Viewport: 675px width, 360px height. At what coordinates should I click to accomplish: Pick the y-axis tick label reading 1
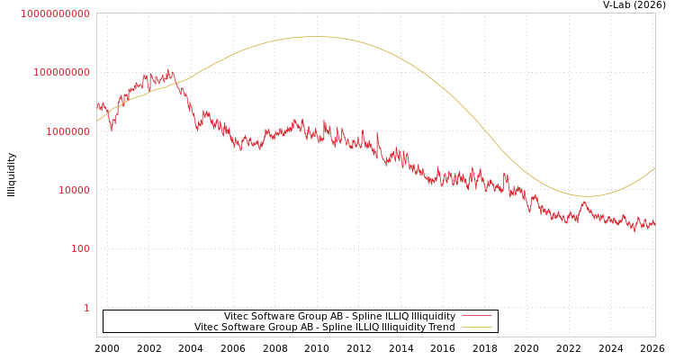coord(86,308)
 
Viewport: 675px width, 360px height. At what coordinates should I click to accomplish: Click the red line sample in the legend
coord(476,316)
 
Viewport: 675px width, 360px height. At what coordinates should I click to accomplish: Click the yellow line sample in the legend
coord(476,327)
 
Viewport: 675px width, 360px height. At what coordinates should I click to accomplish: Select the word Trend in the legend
coord(440,327)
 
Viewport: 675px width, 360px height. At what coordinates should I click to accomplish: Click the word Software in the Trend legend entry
coord(245,327)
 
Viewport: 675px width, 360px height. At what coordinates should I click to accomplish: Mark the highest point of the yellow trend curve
coord(316,37)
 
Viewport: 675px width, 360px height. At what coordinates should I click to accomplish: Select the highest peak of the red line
coord(170,69)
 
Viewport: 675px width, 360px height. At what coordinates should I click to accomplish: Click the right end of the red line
coord(654,223)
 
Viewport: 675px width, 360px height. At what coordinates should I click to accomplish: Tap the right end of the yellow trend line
coord(654,167)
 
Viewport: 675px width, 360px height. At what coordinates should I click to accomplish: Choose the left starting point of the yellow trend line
coord(97,121)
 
